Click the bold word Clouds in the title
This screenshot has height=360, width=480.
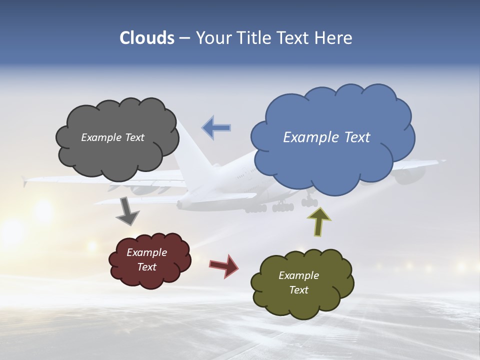(147, 38)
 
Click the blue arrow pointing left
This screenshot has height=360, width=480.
(216, 127)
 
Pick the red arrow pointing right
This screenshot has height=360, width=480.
(223, 266)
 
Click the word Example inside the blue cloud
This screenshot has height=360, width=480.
(311, 137)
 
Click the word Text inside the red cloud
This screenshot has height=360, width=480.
(147, 267)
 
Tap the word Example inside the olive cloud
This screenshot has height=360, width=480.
(298, 275)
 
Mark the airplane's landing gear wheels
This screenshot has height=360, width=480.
(283, 206)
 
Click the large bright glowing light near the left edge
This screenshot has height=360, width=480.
(44, 210)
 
